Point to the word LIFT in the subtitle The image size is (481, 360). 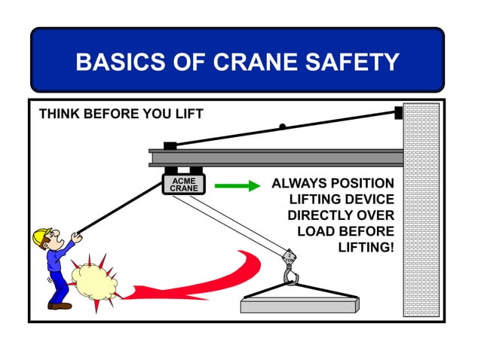[188, 114]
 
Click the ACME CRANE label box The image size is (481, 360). [183, 185]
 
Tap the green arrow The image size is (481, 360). [237, 185]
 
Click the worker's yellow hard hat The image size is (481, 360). [41, 237]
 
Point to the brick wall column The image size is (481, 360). [421, 211]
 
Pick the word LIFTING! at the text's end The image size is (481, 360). [366, 247]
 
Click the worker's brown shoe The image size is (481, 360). [60, 305]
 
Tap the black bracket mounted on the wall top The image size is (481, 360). [399, 112]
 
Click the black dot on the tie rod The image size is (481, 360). [282, 127]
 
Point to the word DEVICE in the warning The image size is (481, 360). [369, 200]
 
